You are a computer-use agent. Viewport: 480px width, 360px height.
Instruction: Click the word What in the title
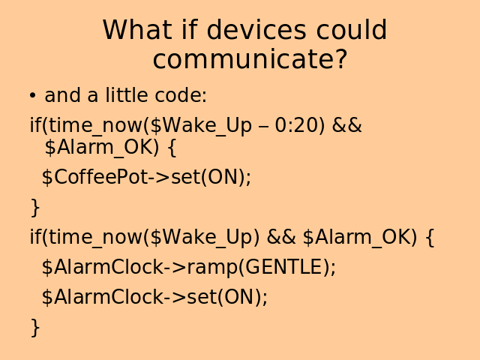coord(136,30)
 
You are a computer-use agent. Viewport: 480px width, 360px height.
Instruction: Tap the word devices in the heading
coord(256,30)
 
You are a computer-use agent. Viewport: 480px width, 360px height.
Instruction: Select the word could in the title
coord(352,30)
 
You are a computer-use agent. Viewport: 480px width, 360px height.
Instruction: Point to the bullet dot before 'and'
coord(32,95)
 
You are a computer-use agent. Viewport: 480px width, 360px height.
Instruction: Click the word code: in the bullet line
coord(181,94)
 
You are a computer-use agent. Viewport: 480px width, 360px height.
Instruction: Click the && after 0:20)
coord(346,125)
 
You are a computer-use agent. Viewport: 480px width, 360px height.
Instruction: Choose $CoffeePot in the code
coord(95,177)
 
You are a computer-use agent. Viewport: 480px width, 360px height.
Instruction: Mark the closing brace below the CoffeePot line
coord(35,208)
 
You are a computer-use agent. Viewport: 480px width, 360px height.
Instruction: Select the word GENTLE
coord(283,267)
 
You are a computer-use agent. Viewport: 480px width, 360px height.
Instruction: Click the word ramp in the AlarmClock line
coord(212,268)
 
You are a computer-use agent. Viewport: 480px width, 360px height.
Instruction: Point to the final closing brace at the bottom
coord(35,328)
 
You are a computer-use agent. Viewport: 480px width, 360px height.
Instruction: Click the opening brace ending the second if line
coord(430,237)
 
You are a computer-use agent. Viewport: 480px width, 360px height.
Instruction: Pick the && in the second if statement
coord(281,237)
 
